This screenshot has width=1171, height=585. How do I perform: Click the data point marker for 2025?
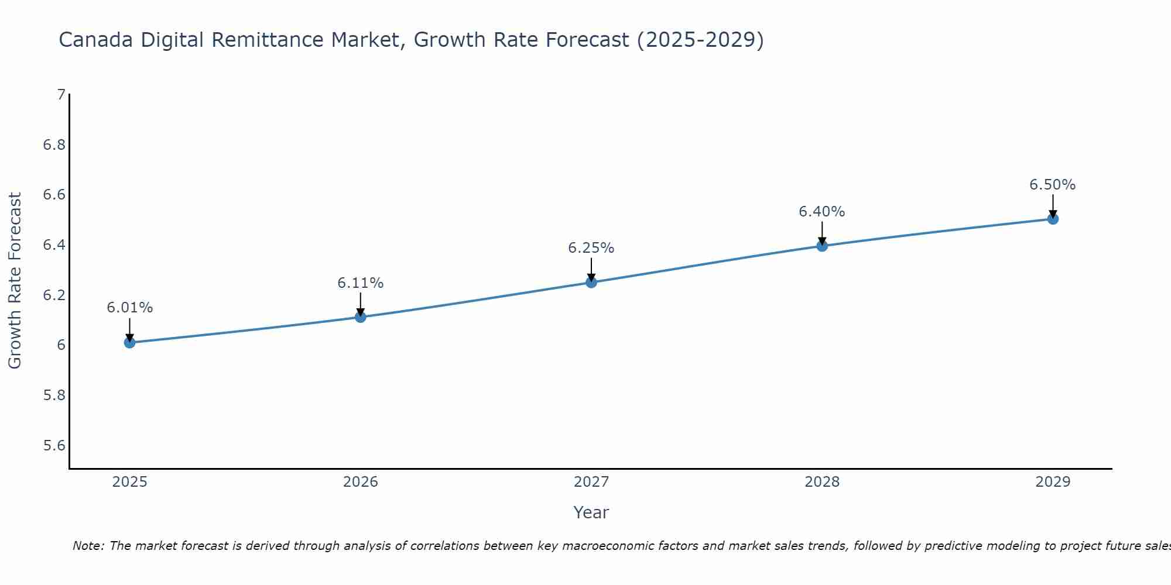pos(130,342)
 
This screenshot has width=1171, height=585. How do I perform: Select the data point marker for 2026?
pos(361,317)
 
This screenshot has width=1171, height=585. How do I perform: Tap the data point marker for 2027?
pos(591,283)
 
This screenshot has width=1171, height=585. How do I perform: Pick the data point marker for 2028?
pos(822,246)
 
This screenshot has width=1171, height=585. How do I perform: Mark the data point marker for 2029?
pos(1053,219)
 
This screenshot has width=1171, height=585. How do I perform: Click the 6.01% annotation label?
pos(130,308)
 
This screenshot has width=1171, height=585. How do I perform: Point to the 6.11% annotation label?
pos(361,283)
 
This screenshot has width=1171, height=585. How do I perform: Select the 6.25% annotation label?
pos(591,248)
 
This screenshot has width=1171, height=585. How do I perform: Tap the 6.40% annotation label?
pos(822,212)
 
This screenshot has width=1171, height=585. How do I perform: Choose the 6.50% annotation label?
pos(1053,185)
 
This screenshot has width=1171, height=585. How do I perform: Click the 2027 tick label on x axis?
pos(591,482)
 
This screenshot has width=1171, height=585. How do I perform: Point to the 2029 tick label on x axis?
pos(1053,482)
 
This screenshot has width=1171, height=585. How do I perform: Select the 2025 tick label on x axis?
pos(130,482)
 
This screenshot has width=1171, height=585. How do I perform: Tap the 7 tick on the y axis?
pos(61,94)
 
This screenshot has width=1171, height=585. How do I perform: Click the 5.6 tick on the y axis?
pos(54,446)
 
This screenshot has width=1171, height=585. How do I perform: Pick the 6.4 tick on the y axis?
pos(54,245)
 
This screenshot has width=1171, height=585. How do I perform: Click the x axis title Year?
pos(591,512)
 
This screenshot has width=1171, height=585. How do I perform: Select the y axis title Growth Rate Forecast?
pos(15,281)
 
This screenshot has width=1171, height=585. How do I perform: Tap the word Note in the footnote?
pos(88,546)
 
